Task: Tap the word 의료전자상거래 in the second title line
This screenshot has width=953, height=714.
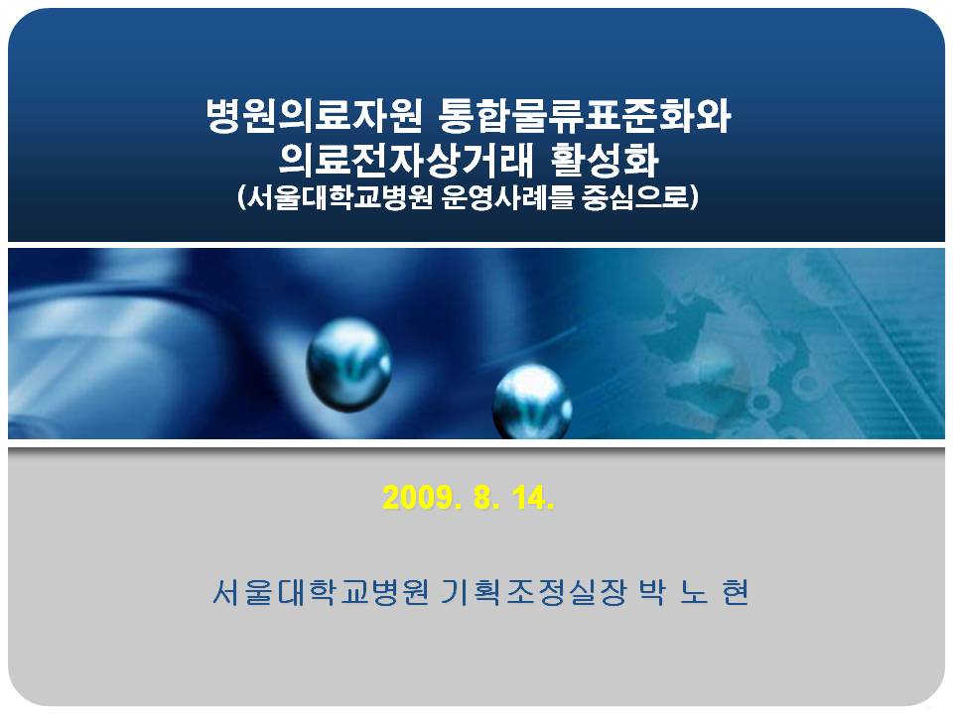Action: click(407, 160)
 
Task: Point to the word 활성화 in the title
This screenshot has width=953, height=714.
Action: click(605, 160)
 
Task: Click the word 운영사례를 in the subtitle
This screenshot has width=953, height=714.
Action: click(507, 196)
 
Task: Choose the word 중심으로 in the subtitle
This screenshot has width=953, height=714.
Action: click(640, 196)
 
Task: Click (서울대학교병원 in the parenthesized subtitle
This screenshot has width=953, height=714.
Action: click(335, 196)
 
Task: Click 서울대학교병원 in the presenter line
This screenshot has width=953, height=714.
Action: click(321, 591)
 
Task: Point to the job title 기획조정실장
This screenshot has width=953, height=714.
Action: click(532, 591)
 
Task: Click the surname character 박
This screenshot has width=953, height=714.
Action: click(651, 591)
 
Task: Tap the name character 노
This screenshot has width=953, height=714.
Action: click(694, 592)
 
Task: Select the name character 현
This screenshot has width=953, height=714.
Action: click(736, 591)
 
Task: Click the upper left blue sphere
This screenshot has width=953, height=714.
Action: click(348, 366)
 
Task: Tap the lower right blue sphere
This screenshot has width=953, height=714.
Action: click(532, 402)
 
